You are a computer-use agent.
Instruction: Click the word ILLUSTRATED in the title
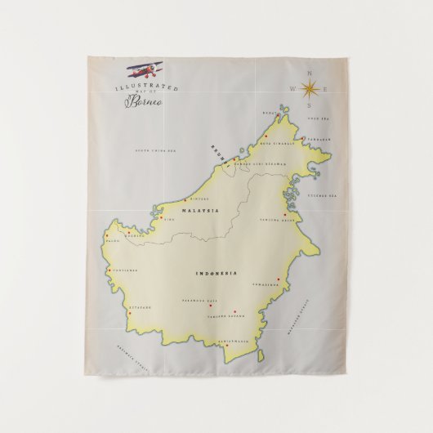[147, 87]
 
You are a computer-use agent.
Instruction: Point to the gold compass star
[309, 89]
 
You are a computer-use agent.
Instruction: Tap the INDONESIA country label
[216, 272]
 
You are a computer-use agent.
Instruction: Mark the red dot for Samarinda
[279, 279]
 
